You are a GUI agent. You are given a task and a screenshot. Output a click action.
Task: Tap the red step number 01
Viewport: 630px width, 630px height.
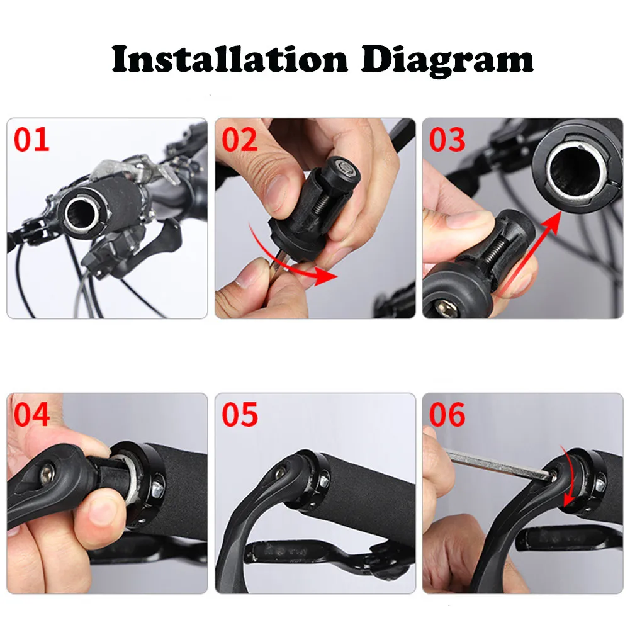[x=31, y=140]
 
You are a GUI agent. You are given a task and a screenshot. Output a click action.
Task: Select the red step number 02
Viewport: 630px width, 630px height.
[x=240, y=140]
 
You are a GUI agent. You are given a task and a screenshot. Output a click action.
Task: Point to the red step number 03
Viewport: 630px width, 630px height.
[x=447, y=140]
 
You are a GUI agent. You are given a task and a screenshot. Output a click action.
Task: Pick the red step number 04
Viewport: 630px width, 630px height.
[x=31, y=415]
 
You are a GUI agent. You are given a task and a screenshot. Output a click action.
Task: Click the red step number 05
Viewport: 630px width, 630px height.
[x=240, y=415]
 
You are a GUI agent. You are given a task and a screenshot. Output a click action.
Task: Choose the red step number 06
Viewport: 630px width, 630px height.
[x=447, y=415]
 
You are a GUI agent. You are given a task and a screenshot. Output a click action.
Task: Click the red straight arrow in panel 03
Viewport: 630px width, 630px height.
[x=529, y=252]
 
